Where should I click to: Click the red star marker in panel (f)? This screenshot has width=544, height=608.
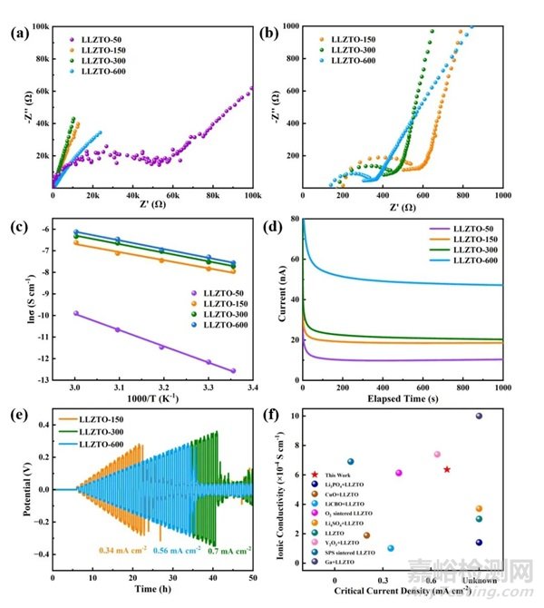pyautogui.click(x=447, y=469)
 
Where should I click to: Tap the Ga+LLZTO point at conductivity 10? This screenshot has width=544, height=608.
pyautogui.click(x=479, y=416)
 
